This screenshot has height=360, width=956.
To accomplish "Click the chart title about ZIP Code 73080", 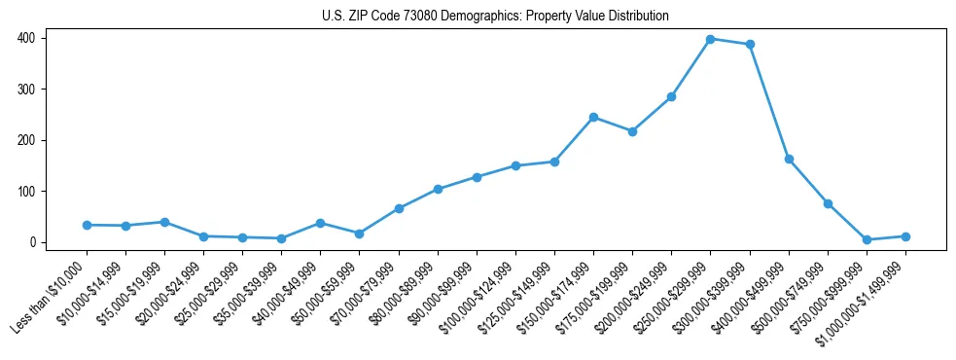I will tap(495, 17).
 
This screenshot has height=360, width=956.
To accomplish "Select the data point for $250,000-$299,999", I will tap(711, 39).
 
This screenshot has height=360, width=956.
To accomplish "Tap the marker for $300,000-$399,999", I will tap(750, 45).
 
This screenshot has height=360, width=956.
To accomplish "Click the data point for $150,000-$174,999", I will tap(593, 117).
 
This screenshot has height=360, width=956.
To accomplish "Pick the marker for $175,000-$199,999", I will tap(632, 131).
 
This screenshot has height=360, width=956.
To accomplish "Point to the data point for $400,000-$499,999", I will tap(789, 159).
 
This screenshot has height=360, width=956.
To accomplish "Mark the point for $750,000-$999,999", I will tap(867, 239).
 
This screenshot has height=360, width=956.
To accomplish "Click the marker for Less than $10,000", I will tap(87, 225).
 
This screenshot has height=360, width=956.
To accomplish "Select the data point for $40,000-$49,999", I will tap(320, 223).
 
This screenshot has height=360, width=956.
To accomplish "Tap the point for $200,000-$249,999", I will tap(671, 96).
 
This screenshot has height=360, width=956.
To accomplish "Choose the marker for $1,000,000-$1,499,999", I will tap(905, 236).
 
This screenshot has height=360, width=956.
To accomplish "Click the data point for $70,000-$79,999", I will tap(399, 208).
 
